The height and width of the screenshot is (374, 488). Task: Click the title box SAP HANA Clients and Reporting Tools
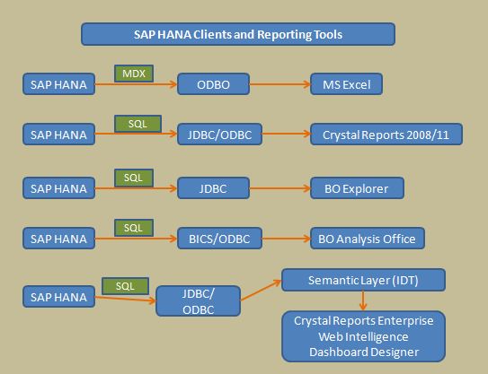point(238,34)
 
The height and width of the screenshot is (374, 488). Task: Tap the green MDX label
point(134,74)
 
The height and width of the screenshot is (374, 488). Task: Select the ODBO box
point(214,84)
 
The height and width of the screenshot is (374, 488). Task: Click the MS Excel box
point(346,84)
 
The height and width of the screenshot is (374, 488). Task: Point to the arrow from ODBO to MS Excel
point(280,84)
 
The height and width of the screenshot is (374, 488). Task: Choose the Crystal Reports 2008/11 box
point(386,135)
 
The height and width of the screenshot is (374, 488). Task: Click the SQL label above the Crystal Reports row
point(138,124)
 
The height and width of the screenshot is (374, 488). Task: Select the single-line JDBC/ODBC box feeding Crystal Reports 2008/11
point(219,135)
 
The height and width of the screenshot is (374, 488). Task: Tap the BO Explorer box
point(357,188)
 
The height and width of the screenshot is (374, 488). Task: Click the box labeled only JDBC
point(214,188)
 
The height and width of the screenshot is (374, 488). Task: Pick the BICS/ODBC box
point(219,239)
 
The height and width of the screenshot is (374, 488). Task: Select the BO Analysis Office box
point(368,239)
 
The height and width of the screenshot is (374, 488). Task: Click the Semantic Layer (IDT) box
point(363,280)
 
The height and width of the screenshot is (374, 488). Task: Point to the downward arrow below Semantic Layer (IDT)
point(362,300)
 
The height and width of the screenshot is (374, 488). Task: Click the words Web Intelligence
point(363,336)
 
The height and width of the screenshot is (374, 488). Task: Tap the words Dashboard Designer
point(364,352)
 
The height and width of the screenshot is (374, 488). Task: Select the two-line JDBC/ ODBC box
point(199,301)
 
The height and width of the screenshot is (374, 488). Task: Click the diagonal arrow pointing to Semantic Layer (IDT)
point(262,290)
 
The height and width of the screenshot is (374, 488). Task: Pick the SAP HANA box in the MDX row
point(58,84)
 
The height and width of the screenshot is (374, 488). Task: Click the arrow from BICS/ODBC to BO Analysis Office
point(287,239)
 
